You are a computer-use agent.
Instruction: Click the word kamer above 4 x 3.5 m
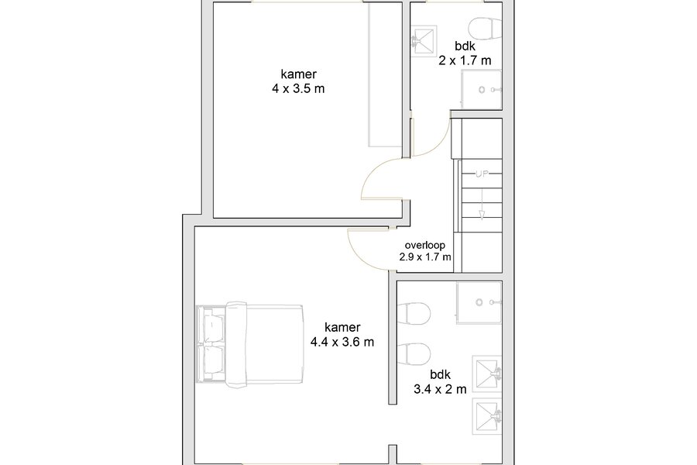coord(298,74)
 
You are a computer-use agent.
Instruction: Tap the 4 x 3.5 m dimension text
coord(298,88)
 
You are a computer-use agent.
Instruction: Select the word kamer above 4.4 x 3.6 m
coord(342,328)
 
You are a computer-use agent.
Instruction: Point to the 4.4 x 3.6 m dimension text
coord(342,342)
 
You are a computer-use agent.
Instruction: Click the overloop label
coord(425,245)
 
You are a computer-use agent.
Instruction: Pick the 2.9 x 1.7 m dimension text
coord(425,257)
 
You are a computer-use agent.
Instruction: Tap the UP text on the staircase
coord(482,174)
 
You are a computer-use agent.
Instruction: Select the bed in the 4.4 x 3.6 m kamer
coord(250,344)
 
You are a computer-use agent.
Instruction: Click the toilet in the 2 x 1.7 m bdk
coord(487,28)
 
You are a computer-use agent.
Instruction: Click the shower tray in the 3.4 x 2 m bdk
coord(479,302)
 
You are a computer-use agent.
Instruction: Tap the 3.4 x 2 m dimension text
coord(440,389)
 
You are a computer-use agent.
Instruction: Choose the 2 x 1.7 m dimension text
coord(465,60)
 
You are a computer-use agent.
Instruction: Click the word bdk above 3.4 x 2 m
coord(440,374)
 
